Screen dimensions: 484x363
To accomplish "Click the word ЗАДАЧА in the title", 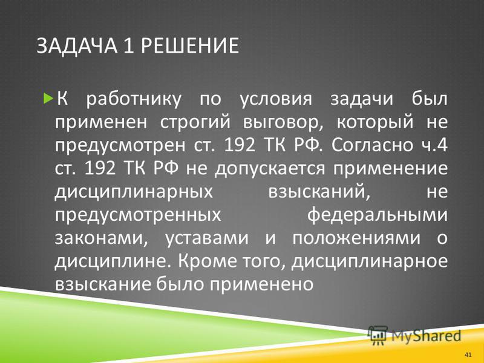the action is coord(77,46).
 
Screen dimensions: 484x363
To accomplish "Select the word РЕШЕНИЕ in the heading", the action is coord(189,46).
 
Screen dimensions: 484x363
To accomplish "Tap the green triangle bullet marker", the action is coord(48,99).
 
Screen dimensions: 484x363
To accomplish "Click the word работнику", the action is coord(133,100).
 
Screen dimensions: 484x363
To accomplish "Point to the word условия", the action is coord(276,99).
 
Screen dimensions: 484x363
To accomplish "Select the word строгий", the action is coord(195,123).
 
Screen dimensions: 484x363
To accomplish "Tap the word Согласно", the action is coord(372,145).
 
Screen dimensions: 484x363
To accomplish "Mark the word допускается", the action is coord(270,169).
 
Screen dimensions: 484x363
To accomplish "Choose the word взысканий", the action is coord(319,192).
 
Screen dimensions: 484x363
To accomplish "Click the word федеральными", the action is coord(377,215).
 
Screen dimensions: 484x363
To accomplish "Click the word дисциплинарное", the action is coord(370,261).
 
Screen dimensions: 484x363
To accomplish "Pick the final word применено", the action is coord(262,284).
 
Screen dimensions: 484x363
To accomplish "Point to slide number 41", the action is coord(468,355).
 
